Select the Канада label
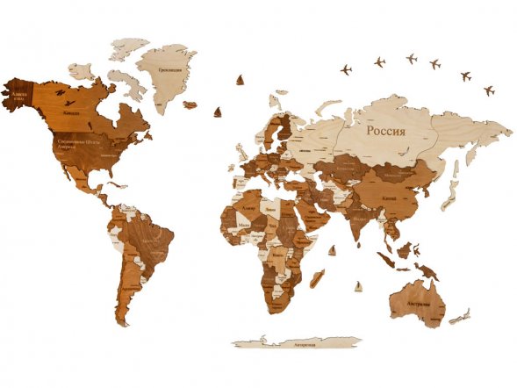click(73, 112)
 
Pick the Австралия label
click(418, 304)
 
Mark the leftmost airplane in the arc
click(346, 68)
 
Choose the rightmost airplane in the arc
click(489, 90)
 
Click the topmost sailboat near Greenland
click(241, 81)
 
